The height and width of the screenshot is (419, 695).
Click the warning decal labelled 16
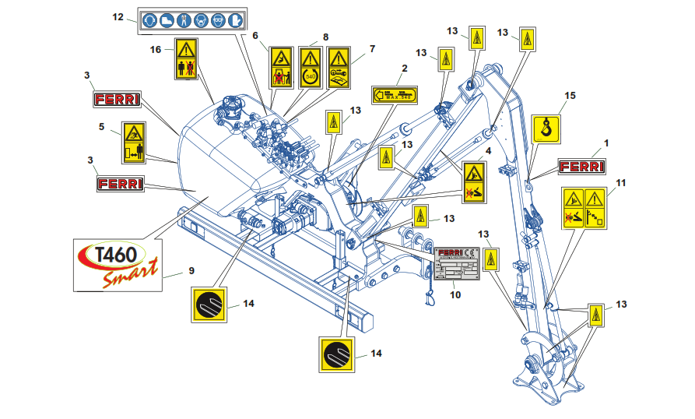(x=185, y=58)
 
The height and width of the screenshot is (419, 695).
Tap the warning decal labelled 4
(x=475, y=182)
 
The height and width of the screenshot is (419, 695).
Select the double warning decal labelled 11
(x=584, y=207)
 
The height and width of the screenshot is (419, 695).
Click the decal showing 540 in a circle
(x=311, y=66)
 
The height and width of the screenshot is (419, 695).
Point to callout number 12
(x=118, y=16)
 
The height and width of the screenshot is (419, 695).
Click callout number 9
(x=191, y=272)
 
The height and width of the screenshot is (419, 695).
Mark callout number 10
(x=455, y=294)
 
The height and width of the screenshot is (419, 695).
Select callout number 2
(x=404, y=69)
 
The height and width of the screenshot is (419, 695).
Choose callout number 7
(x=372, y=48)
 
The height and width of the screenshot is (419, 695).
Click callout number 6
(x=254, y=35)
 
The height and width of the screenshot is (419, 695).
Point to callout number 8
(x=325, y=37)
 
